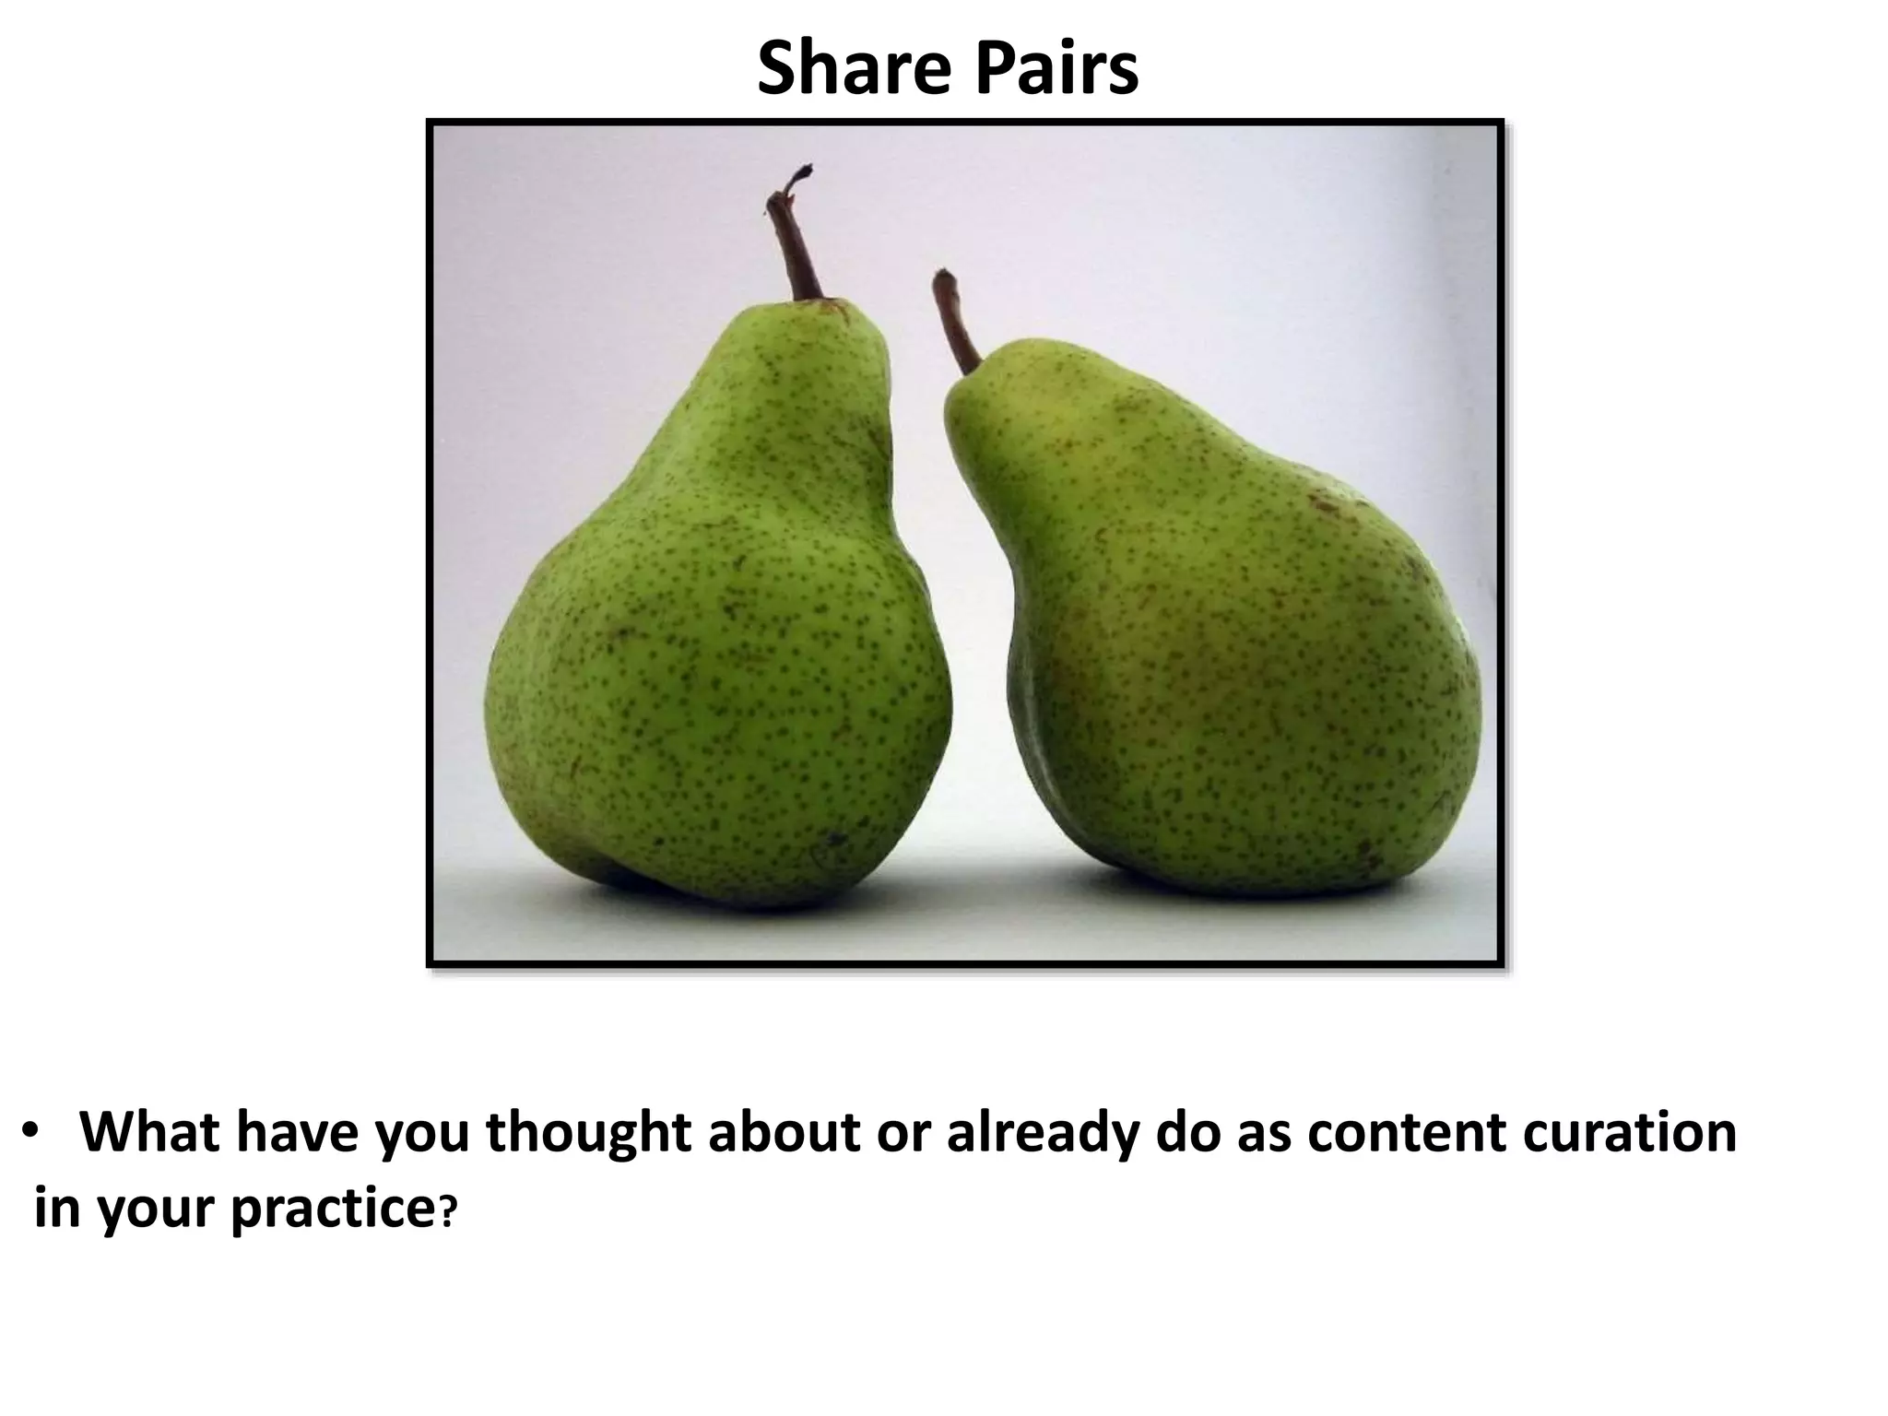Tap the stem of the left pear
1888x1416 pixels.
pos(796,240)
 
